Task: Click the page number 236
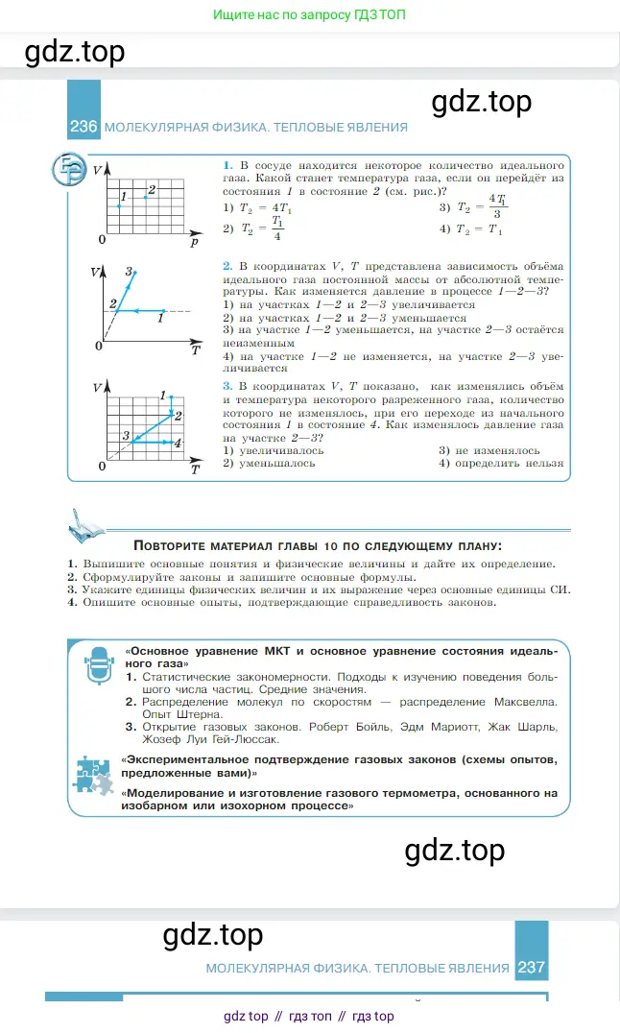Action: [x=83, y=127]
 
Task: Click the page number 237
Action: [x=531, y=968]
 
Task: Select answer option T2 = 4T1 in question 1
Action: [x=253, y=207]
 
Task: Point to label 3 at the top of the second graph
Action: [x=129, y=271]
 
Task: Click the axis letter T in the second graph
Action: [x=195, y=350]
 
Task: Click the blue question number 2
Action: [x=227, y=266]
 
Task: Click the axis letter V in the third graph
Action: [x=97, y=387]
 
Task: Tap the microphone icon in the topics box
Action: [x=98, y=664]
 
